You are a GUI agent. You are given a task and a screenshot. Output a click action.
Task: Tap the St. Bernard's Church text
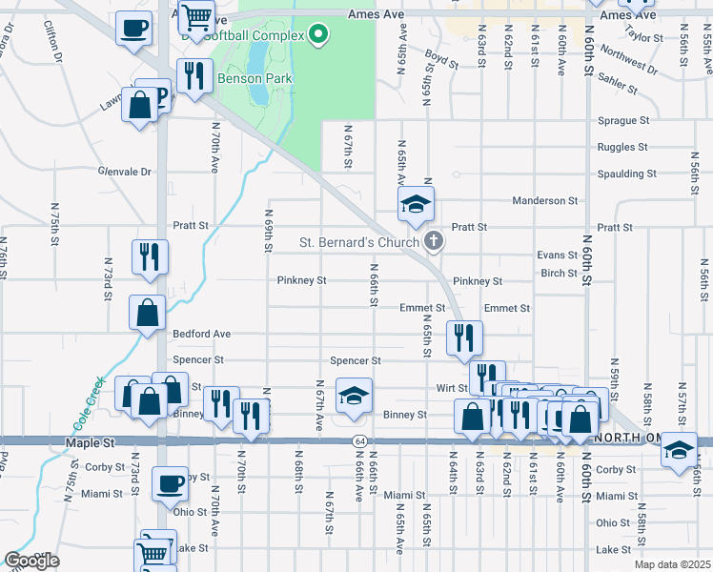click(358, 242)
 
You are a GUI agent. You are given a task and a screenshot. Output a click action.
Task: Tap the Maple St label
click(91, 443)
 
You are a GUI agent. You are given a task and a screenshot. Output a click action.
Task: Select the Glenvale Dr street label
click(125, 172)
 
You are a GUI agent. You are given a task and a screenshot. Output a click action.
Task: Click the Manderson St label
click(545, 201)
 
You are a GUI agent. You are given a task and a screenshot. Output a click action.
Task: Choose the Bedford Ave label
click(202, 335)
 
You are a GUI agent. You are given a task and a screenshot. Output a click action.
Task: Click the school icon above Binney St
click(354, 397)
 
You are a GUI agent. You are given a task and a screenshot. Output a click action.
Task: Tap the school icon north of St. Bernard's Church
click(416, 204)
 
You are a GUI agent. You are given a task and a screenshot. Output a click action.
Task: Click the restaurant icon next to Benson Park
click(195, 75)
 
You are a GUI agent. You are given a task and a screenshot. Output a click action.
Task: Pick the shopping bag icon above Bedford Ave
click(148, 313)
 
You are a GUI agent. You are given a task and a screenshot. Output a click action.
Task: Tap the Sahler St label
click(618, 83)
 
